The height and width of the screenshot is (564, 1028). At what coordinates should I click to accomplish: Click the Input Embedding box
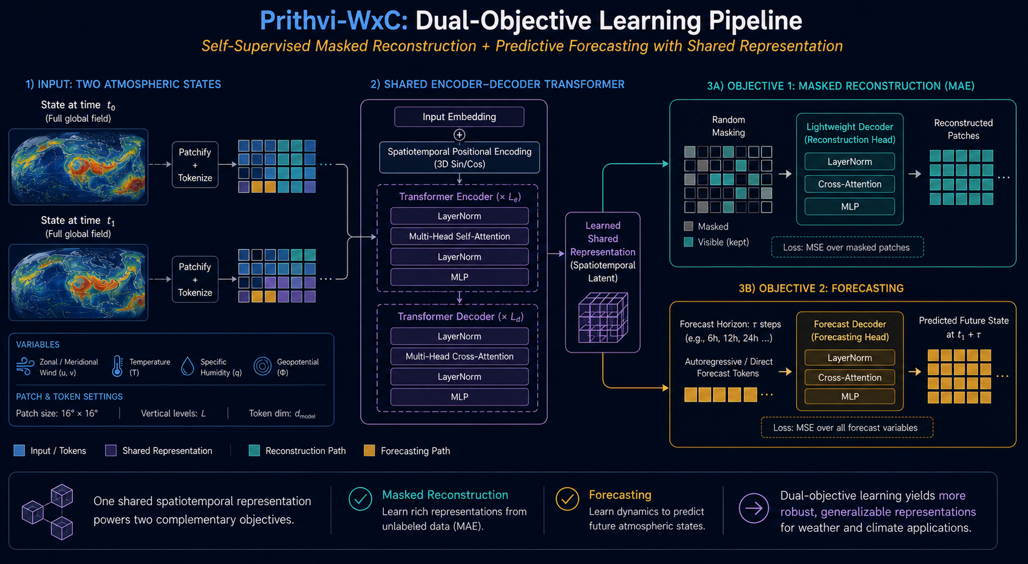point(459,117)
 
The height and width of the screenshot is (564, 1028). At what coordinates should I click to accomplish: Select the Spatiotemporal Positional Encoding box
point(460,157)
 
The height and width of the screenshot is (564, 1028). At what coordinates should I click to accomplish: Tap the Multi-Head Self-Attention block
point(460,236)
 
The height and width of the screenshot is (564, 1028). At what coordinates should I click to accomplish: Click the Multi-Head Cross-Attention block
point(460,356)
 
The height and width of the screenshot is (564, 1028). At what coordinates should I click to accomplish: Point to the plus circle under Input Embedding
point(460,134)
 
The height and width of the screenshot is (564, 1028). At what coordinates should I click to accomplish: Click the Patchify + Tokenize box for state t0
point(195,165)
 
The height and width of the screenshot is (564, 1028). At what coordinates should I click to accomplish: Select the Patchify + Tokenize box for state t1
point(195,279)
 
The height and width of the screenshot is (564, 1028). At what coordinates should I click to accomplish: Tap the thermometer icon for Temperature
point(117,367)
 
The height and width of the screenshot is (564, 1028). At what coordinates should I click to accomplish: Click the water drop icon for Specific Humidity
point(187,367)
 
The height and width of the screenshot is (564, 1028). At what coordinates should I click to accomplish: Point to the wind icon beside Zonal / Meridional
point(26,367)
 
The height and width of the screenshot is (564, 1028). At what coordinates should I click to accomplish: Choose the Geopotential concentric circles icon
point(262,367)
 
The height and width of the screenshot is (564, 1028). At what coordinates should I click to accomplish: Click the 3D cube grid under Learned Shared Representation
point(602,318)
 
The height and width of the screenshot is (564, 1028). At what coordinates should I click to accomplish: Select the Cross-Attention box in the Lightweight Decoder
point(849,184)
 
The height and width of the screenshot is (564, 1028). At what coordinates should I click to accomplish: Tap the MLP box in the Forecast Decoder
point(849,396)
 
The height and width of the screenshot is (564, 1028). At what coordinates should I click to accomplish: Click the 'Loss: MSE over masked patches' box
point(847,247)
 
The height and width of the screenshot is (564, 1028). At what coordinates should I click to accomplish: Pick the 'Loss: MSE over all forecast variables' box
point(846,427)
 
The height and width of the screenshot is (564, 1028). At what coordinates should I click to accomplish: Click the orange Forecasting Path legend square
point(369,450)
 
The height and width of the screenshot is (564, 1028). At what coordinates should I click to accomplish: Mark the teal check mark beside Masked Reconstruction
point(360,499)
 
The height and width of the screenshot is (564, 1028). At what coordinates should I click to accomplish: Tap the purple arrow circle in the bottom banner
point(754,508)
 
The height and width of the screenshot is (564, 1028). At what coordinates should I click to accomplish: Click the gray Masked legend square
point(689,226)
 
